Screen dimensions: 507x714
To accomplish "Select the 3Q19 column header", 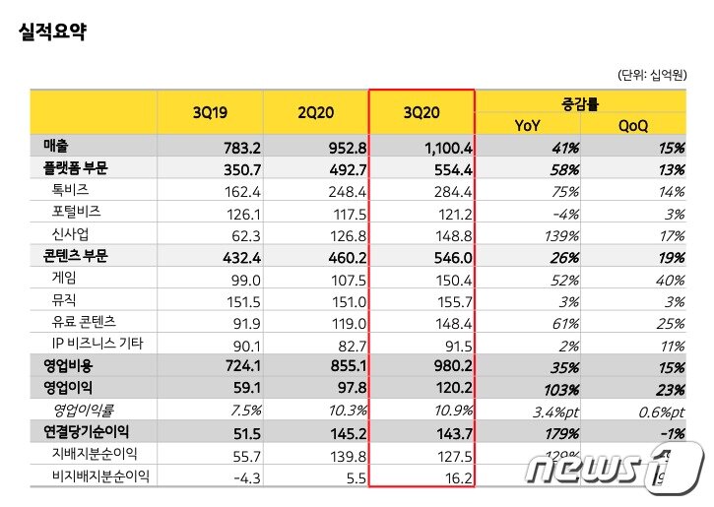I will click(x=211, y=113).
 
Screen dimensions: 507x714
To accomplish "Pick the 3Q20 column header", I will click(x=421, y=113).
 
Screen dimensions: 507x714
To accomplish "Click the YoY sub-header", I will click(x=527, y=124).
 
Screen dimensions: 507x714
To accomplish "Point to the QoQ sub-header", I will click(x=632, y=124).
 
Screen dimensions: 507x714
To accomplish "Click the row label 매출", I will click(x=55, y=147).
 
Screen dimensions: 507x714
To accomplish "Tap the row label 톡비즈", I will click(x=71, y=190).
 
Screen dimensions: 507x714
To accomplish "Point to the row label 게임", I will click(x=63, y=278).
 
